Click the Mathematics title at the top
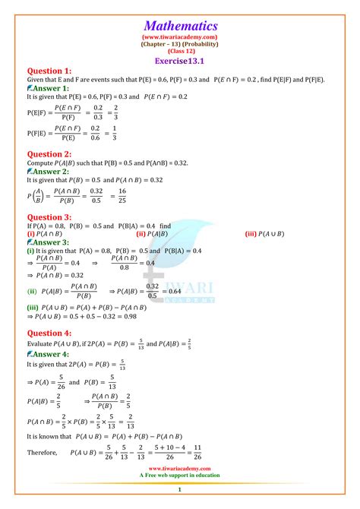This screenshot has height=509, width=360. [x=180, y=25]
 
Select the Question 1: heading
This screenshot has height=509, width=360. [x=49, y=71]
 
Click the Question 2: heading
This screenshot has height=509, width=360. [x=49, y=154]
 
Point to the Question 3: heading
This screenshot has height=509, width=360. [x=49, y=217]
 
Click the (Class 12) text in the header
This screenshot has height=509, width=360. [x=180, y=51]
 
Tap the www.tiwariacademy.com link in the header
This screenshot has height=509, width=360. [x=180, y=36]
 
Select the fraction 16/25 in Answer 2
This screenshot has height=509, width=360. [x=166, y=198]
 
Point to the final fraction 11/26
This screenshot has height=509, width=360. [x=197, y=453]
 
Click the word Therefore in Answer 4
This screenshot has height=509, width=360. [x=43, y=453]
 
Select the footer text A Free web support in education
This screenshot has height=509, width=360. [x=180, y=475]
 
